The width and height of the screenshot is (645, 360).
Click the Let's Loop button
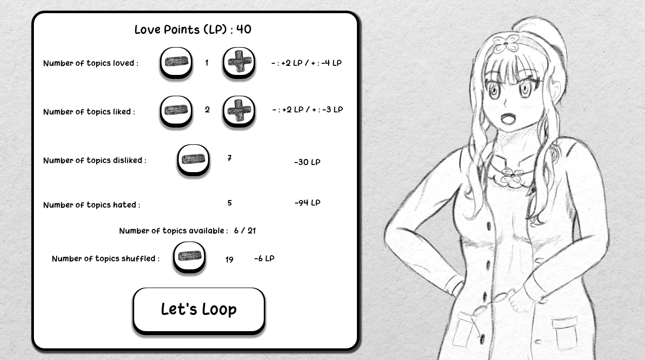198,310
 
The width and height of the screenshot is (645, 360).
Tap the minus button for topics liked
176,111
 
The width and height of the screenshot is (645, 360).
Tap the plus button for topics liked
238,111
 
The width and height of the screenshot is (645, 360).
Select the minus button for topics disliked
193,160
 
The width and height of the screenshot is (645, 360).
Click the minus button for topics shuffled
189,257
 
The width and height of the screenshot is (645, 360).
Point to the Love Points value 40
244,29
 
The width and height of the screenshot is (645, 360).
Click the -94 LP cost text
307,203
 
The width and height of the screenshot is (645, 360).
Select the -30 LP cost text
307,162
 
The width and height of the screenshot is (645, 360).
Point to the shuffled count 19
229,260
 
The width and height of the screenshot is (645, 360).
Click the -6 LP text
264,258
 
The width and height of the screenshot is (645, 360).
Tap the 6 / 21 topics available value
245,231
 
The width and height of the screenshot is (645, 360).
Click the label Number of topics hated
92,205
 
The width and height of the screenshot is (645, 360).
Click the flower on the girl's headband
505,43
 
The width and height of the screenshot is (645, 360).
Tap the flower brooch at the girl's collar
512,176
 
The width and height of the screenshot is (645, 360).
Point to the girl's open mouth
509,118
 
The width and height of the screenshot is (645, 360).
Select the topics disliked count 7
229,158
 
